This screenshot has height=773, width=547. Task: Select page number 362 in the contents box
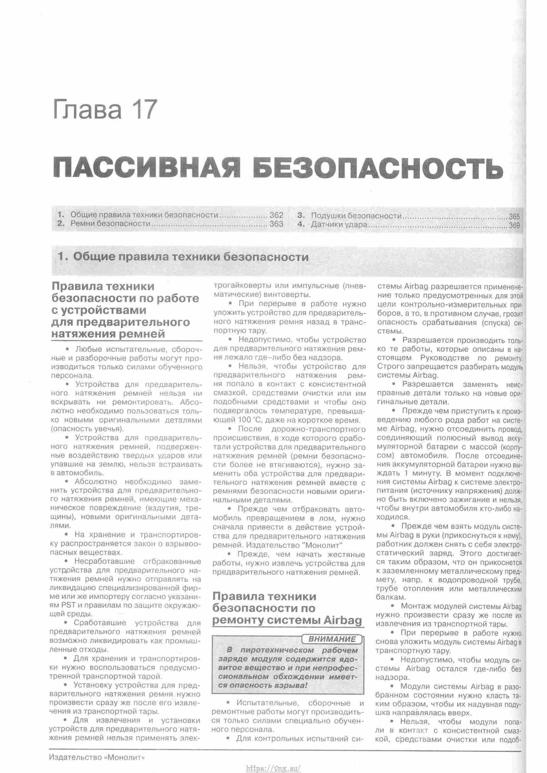pyautogui.click(x=276, y=215)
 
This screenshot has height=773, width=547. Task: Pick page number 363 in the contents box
pyautogui.click(x=276, y=224)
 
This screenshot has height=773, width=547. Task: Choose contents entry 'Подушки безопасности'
pyautogui.click(x=356, y=216)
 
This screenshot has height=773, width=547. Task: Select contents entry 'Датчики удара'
pyautogui.click(x=339, y=224)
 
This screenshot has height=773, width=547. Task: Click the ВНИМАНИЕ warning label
pyautogui.click(x=332, y=639)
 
